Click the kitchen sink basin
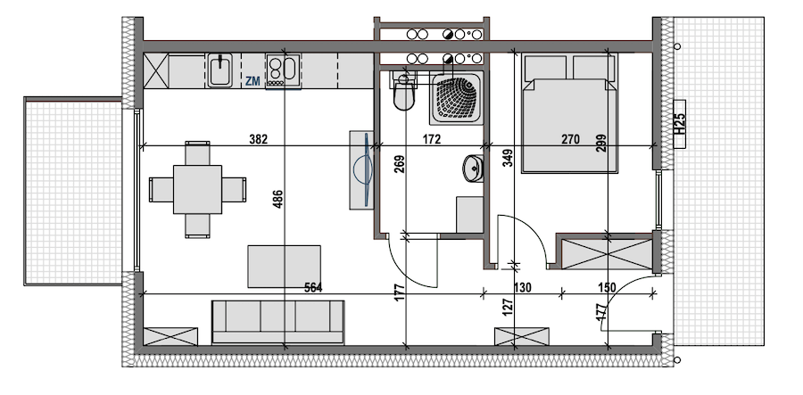point(220,70)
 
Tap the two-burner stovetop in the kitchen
point(283,70)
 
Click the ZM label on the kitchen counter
point(252,80)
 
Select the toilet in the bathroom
point(403,91)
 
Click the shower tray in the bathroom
point(456,98)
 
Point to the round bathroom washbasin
point(473,168)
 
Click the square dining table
point(197,189)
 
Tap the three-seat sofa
point(277,322)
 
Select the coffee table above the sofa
point(285,267)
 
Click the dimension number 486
point(278,199)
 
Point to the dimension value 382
point(258,139)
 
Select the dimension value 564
point(313,287)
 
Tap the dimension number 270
point(570,139)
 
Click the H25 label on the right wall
point(680,124)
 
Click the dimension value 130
point(522,287)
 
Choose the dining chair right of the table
point(234,189)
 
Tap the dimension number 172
point(432,139)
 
